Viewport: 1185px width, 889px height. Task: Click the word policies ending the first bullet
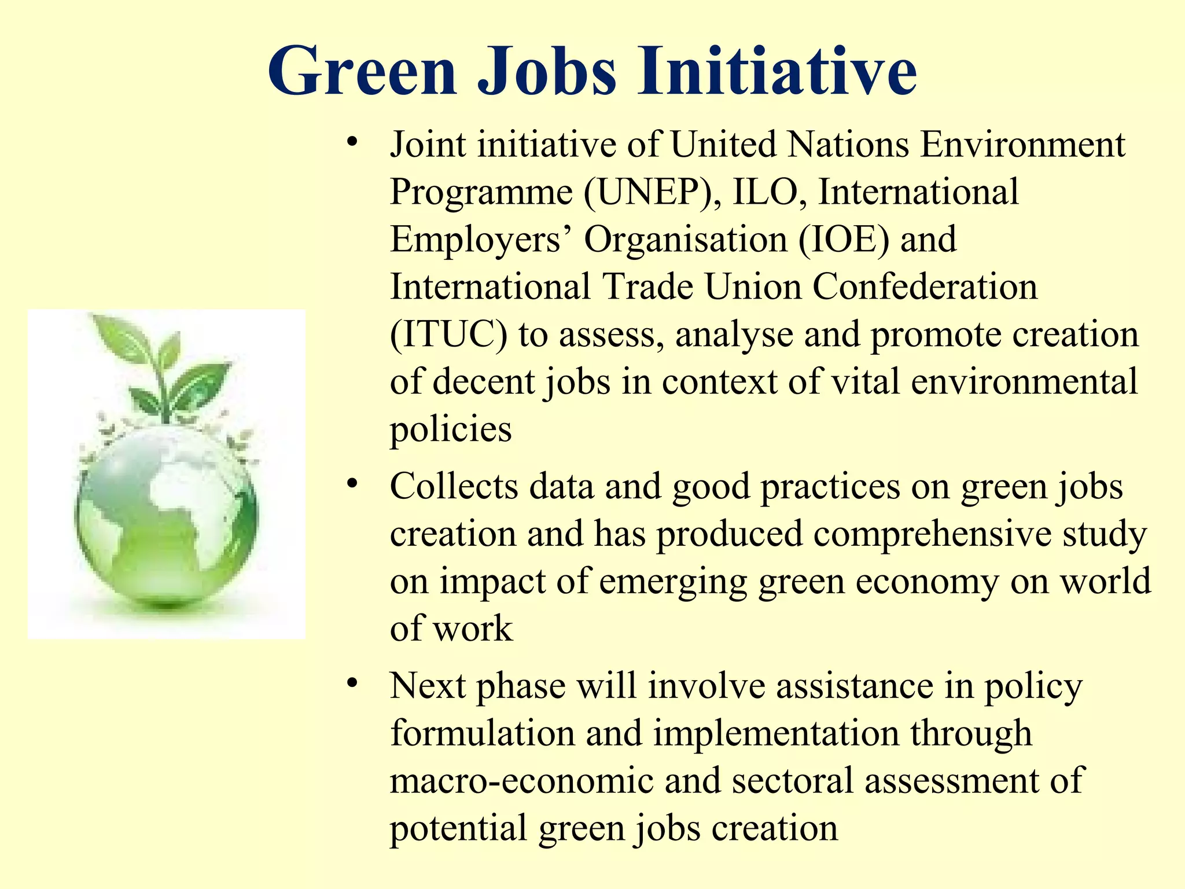click(451, 430)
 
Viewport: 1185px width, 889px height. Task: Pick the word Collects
click(454, 486)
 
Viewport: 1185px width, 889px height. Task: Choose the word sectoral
click(792, 780)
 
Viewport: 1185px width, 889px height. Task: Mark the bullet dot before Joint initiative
click(352, 142)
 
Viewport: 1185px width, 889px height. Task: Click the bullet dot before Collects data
click(352, 484)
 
